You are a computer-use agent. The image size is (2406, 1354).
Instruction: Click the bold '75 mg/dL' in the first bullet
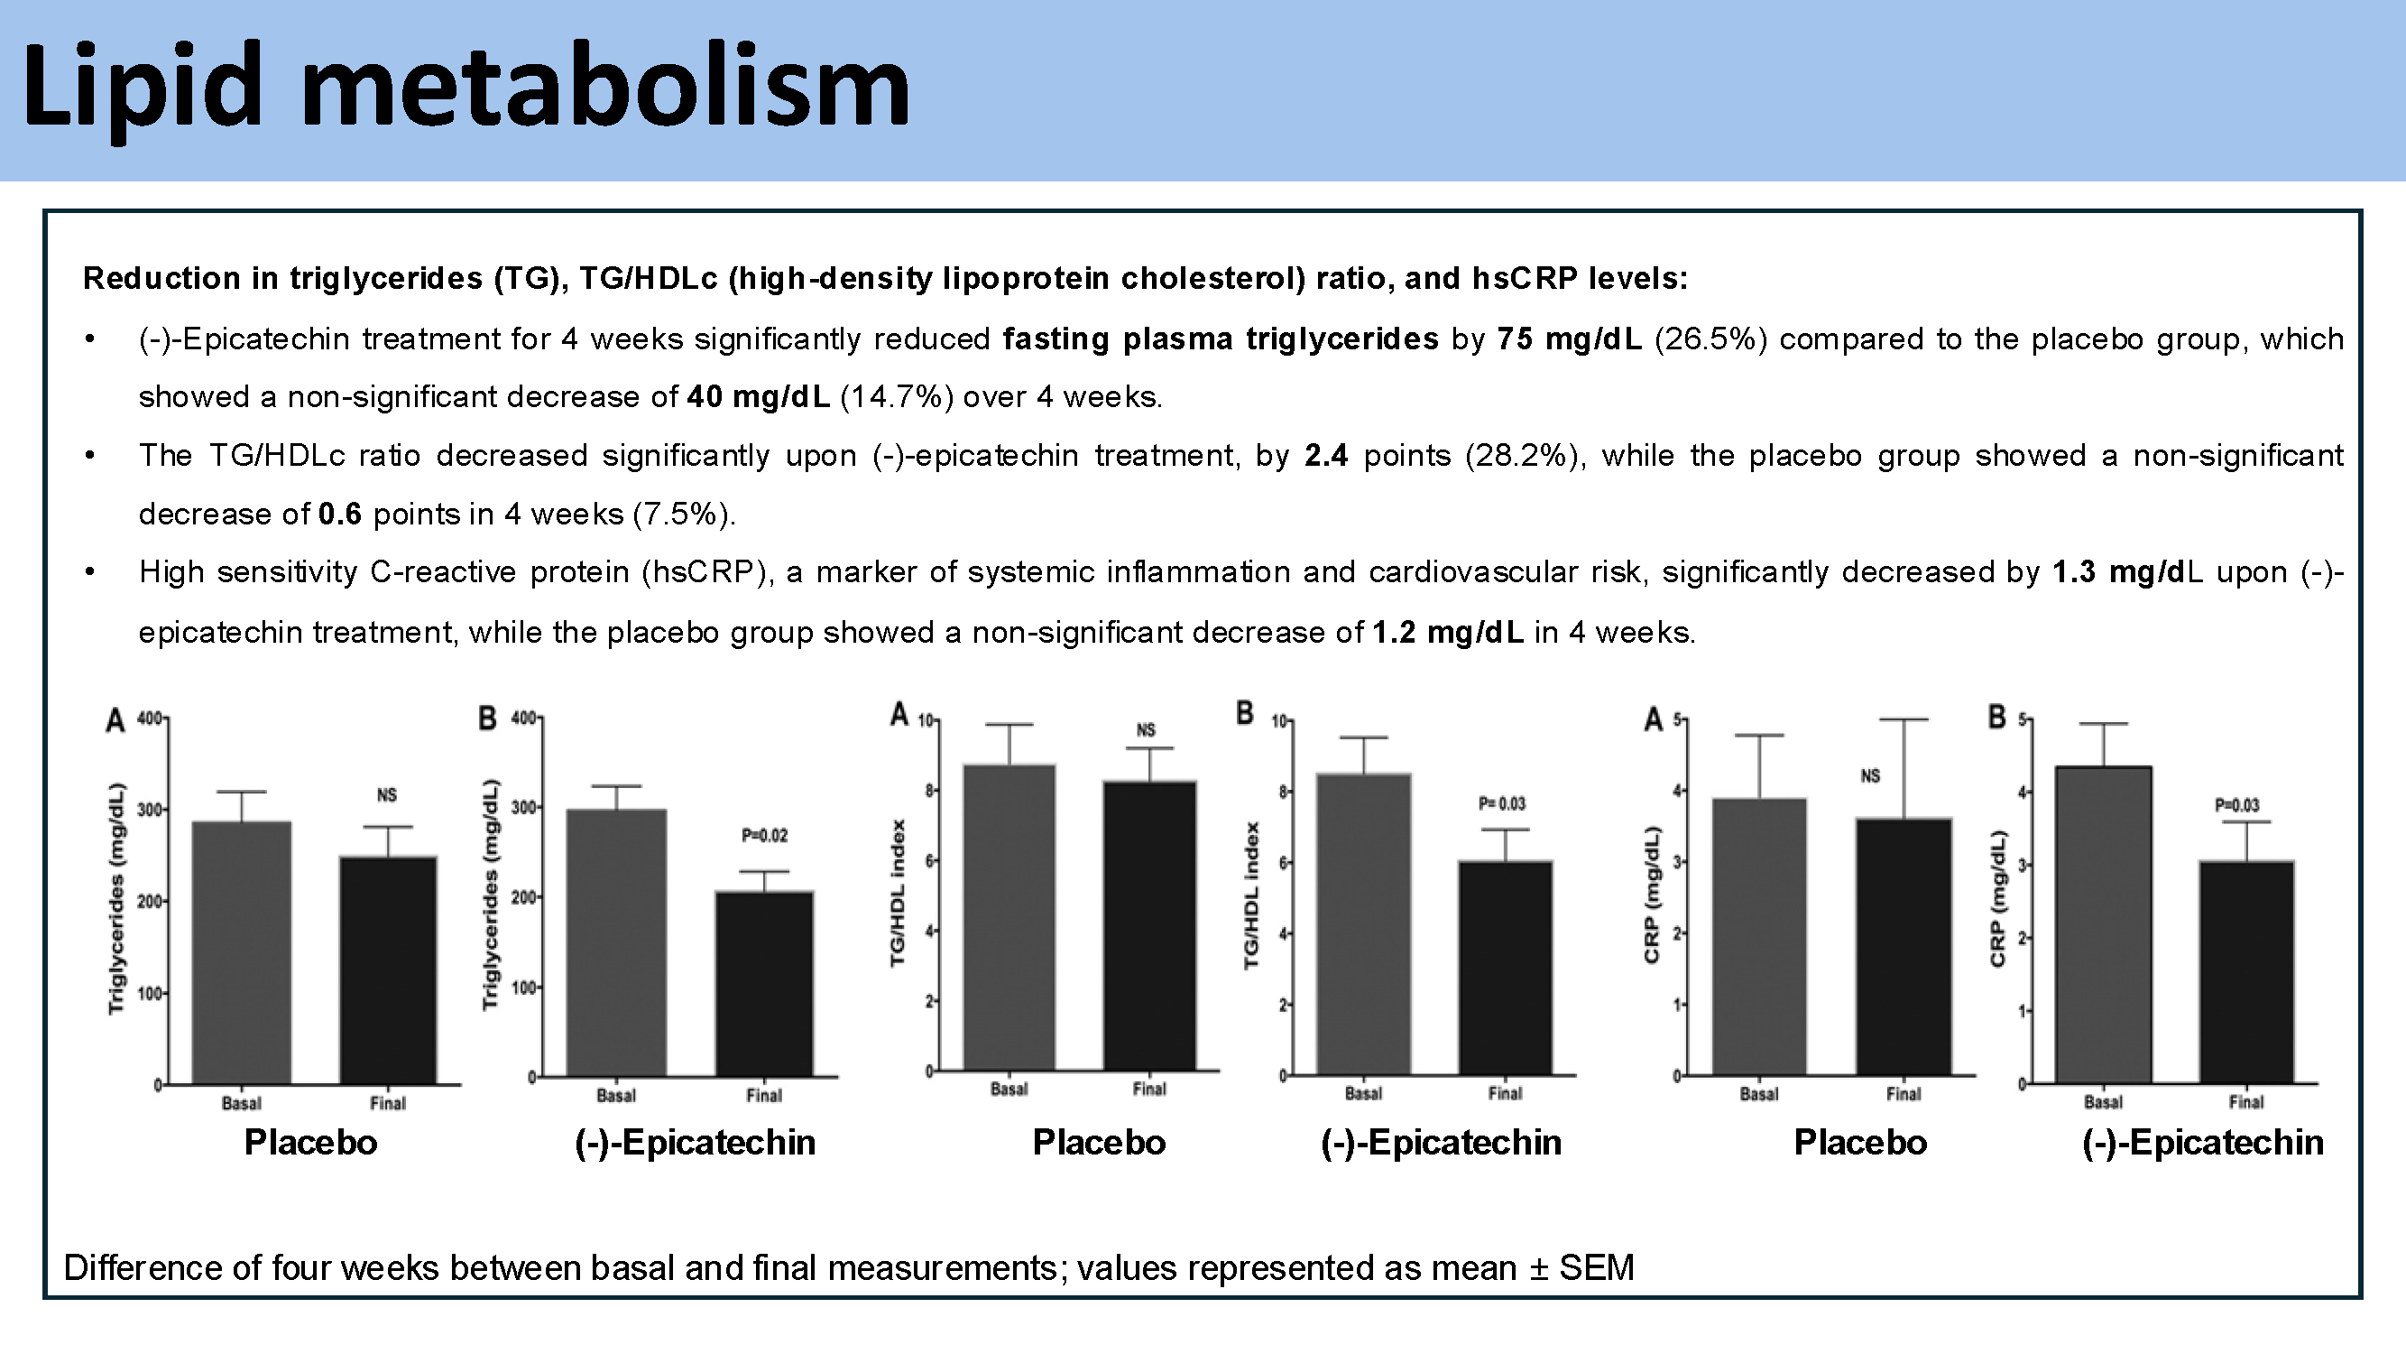1568,338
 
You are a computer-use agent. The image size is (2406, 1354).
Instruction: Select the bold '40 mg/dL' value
758,397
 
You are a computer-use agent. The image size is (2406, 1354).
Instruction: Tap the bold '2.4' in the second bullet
1325,456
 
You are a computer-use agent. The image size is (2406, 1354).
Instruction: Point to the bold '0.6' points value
339,515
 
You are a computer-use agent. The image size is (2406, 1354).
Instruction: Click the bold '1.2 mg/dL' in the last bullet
1448,633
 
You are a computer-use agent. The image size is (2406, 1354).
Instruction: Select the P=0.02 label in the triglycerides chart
764,835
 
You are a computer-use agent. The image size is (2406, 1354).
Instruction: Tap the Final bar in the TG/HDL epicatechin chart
1505,967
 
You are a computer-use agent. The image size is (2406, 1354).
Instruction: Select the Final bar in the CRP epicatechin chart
2246,972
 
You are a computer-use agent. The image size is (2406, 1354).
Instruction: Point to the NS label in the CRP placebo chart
1870,775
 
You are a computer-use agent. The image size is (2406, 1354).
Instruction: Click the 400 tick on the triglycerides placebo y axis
150,719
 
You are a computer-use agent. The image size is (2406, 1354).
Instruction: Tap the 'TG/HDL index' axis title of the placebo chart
899,893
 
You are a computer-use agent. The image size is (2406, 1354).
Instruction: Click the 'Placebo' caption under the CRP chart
1859,1143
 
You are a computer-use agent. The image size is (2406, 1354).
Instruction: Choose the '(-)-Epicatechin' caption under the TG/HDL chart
1440,1143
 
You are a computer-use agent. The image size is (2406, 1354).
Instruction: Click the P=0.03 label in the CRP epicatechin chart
2237,804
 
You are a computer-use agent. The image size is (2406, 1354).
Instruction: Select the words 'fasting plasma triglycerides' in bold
1220,338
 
